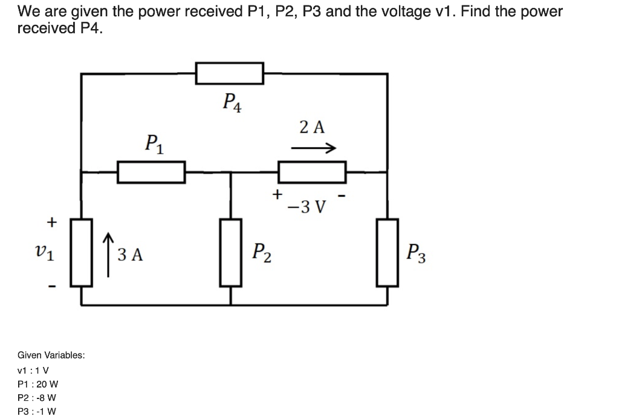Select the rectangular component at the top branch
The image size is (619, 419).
(229, 73)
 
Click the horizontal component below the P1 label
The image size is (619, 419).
(151, 172)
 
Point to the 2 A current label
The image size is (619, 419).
(312, 127)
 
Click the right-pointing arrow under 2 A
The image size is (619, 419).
(313, 148)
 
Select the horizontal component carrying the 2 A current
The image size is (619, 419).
(311, 172)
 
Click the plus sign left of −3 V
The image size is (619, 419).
(277, 194)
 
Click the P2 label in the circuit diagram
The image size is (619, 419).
(261, 252)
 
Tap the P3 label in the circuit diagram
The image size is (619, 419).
(416, 252)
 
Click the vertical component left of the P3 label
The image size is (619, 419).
(387, 252)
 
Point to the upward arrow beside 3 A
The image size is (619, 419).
(108, 253)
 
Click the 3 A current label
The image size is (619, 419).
(130, 255)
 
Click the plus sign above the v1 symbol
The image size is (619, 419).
(52, 222)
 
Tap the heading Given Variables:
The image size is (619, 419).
(51, 355)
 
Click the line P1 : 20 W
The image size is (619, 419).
(38, 384)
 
